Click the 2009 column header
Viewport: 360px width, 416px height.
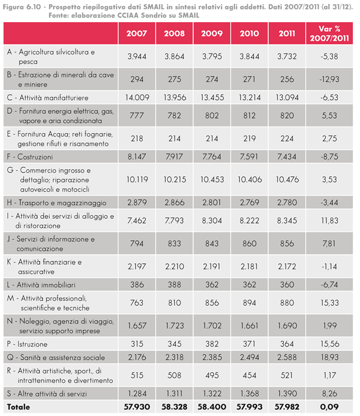tap(212, 32)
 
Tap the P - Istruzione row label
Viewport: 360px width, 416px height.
tap(29, 345)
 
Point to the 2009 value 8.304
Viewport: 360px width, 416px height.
tap(212, 220)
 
